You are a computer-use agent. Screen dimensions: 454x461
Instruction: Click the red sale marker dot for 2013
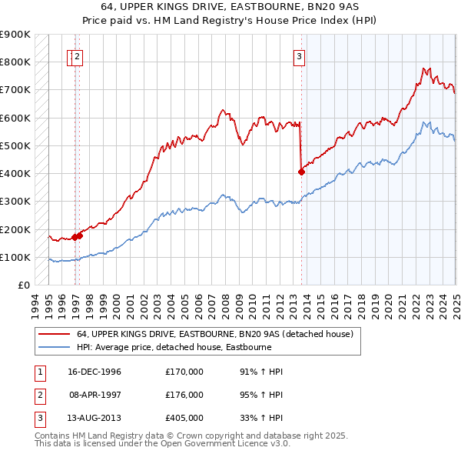(301, 172)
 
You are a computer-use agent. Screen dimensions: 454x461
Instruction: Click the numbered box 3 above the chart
(298, 55)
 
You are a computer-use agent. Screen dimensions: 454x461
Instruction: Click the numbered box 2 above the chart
(78, 55)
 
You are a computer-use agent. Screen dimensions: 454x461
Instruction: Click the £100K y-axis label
(15, 257)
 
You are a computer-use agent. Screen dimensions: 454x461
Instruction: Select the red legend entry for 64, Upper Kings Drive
(214, 335)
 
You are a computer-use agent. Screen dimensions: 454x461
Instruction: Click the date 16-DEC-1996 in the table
(95, 372)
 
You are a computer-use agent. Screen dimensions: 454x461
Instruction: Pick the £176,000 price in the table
(184, 395)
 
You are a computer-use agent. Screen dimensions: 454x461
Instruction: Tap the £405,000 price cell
(184, 418)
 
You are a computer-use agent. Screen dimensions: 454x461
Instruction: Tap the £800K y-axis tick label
(15, 62)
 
